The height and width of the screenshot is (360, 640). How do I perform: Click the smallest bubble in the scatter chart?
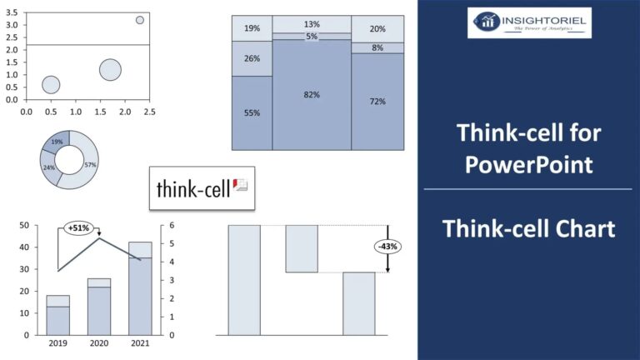coord(140,20)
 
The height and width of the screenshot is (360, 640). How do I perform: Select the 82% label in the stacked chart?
coord(312,95)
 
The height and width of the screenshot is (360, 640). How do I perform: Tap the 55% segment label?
coord(252,112)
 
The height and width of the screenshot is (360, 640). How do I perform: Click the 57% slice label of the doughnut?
coord(89,165)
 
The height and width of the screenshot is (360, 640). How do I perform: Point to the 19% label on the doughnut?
coord(57,142)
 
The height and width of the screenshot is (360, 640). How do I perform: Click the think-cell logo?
coord(202,189)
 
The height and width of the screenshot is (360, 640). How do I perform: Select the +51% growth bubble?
coord(79,227)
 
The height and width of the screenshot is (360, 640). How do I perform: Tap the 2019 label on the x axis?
coord(57,343)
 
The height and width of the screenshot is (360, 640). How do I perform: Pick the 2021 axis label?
coord(140,343)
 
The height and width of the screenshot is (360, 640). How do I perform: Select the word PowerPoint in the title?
coord(528,164)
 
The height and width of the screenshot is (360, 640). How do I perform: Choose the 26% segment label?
coord(252,59)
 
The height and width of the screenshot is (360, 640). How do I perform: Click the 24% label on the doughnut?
coord(48,167)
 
